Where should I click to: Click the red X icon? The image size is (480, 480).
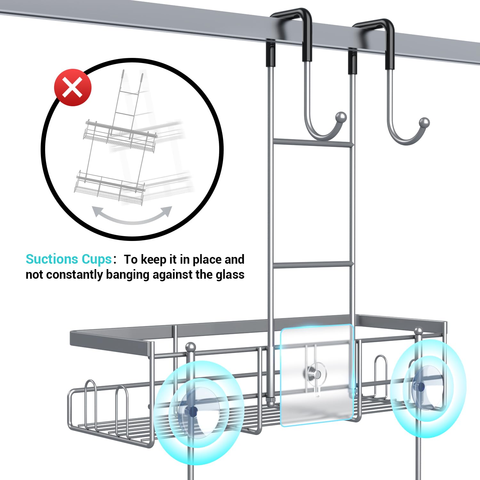point(73,87)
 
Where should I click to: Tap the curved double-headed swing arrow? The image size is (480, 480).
point(132,218)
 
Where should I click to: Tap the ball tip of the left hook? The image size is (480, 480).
point(341,116)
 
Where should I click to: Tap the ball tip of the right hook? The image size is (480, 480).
point(424,122)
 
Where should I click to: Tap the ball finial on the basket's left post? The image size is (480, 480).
point(191,347)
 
